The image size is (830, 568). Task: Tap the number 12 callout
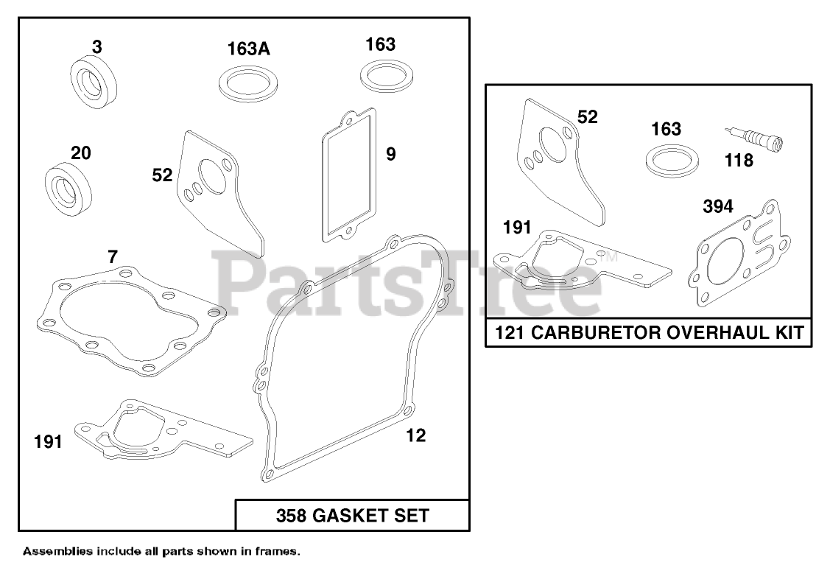coord(416,435)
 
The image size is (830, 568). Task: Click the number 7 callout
coord(112,256)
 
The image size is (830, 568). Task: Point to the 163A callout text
coord(248,49)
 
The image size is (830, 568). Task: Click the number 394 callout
coord(717,207)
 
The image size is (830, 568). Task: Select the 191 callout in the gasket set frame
coord(49,442)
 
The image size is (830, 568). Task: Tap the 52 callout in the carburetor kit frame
coord(588,116)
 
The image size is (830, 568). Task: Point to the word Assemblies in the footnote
coord(58,550)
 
